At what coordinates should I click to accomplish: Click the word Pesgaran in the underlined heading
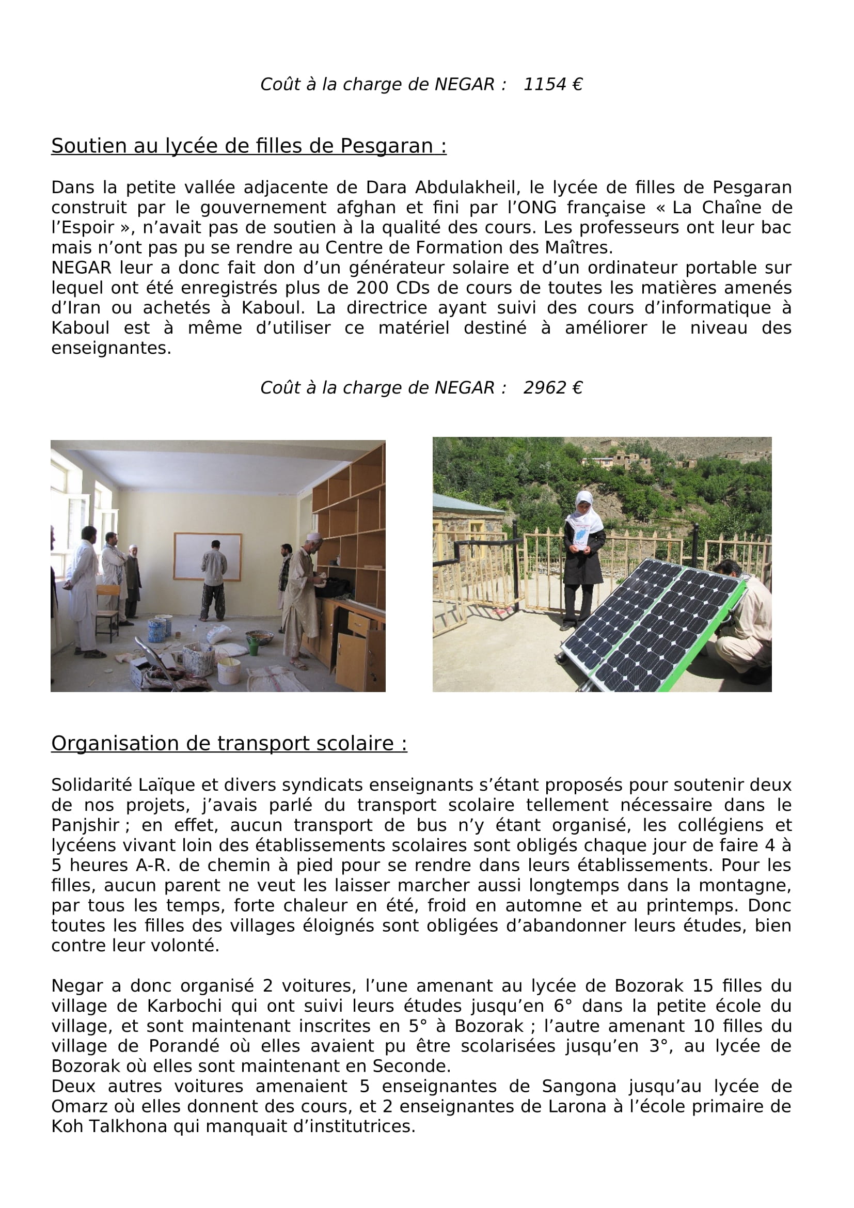(x=387, y=146)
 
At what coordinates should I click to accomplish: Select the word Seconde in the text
(x=411, y=1066)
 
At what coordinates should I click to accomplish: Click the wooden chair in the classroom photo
(x=108, y=610)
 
